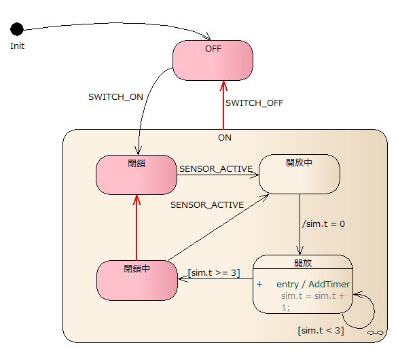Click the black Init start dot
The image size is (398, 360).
click(17, 29)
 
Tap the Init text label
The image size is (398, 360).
click(17, 46)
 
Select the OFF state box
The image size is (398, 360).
click(213, 60)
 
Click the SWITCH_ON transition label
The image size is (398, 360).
click(115, 96)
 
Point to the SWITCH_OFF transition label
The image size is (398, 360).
click(254, 103)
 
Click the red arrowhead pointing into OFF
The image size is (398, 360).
click(223, 86)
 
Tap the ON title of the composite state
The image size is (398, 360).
click(225, 138)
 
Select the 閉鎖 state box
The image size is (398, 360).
click(137, 175)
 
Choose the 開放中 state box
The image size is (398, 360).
click(300, 174)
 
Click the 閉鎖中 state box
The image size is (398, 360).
click(137, 281)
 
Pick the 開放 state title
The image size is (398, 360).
click(303, 263)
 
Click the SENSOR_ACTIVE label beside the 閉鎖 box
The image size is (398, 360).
click(216, 169)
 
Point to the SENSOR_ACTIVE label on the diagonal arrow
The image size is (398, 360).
click(207, 204)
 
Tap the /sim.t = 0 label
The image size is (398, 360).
click(323, 223)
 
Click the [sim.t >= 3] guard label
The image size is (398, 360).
click(214, 272)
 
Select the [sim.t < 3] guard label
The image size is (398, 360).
click(321, 330)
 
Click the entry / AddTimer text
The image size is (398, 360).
click(313, 285)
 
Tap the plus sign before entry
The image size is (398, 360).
click(259, 285)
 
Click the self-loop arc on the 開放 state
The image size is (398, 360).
click(374, 312)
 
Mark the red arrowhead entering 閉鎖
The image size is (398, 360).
click(137, 200)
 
